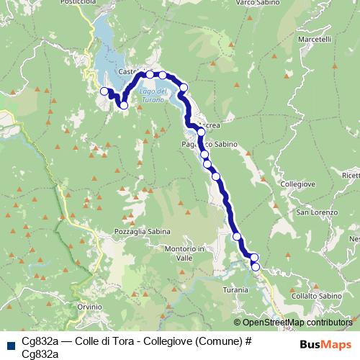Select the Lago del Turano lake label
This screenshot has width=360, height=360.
point(153,95)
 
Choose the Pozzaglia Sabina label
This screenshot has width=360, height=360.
point(142,232)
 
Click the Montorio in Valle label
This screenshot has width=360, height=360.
point(186,253)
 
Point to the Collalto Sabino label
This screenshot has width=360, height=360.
point(317,296)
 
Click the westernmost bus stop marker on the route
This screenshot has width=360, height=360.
point(104,91)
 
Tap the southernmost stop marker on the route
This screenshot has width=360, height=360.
point(256,267)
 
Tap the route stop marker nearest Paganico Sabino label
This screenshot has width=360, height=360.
point(204,154)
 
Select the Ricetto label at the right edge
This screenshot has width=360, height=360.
point(351,174)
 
